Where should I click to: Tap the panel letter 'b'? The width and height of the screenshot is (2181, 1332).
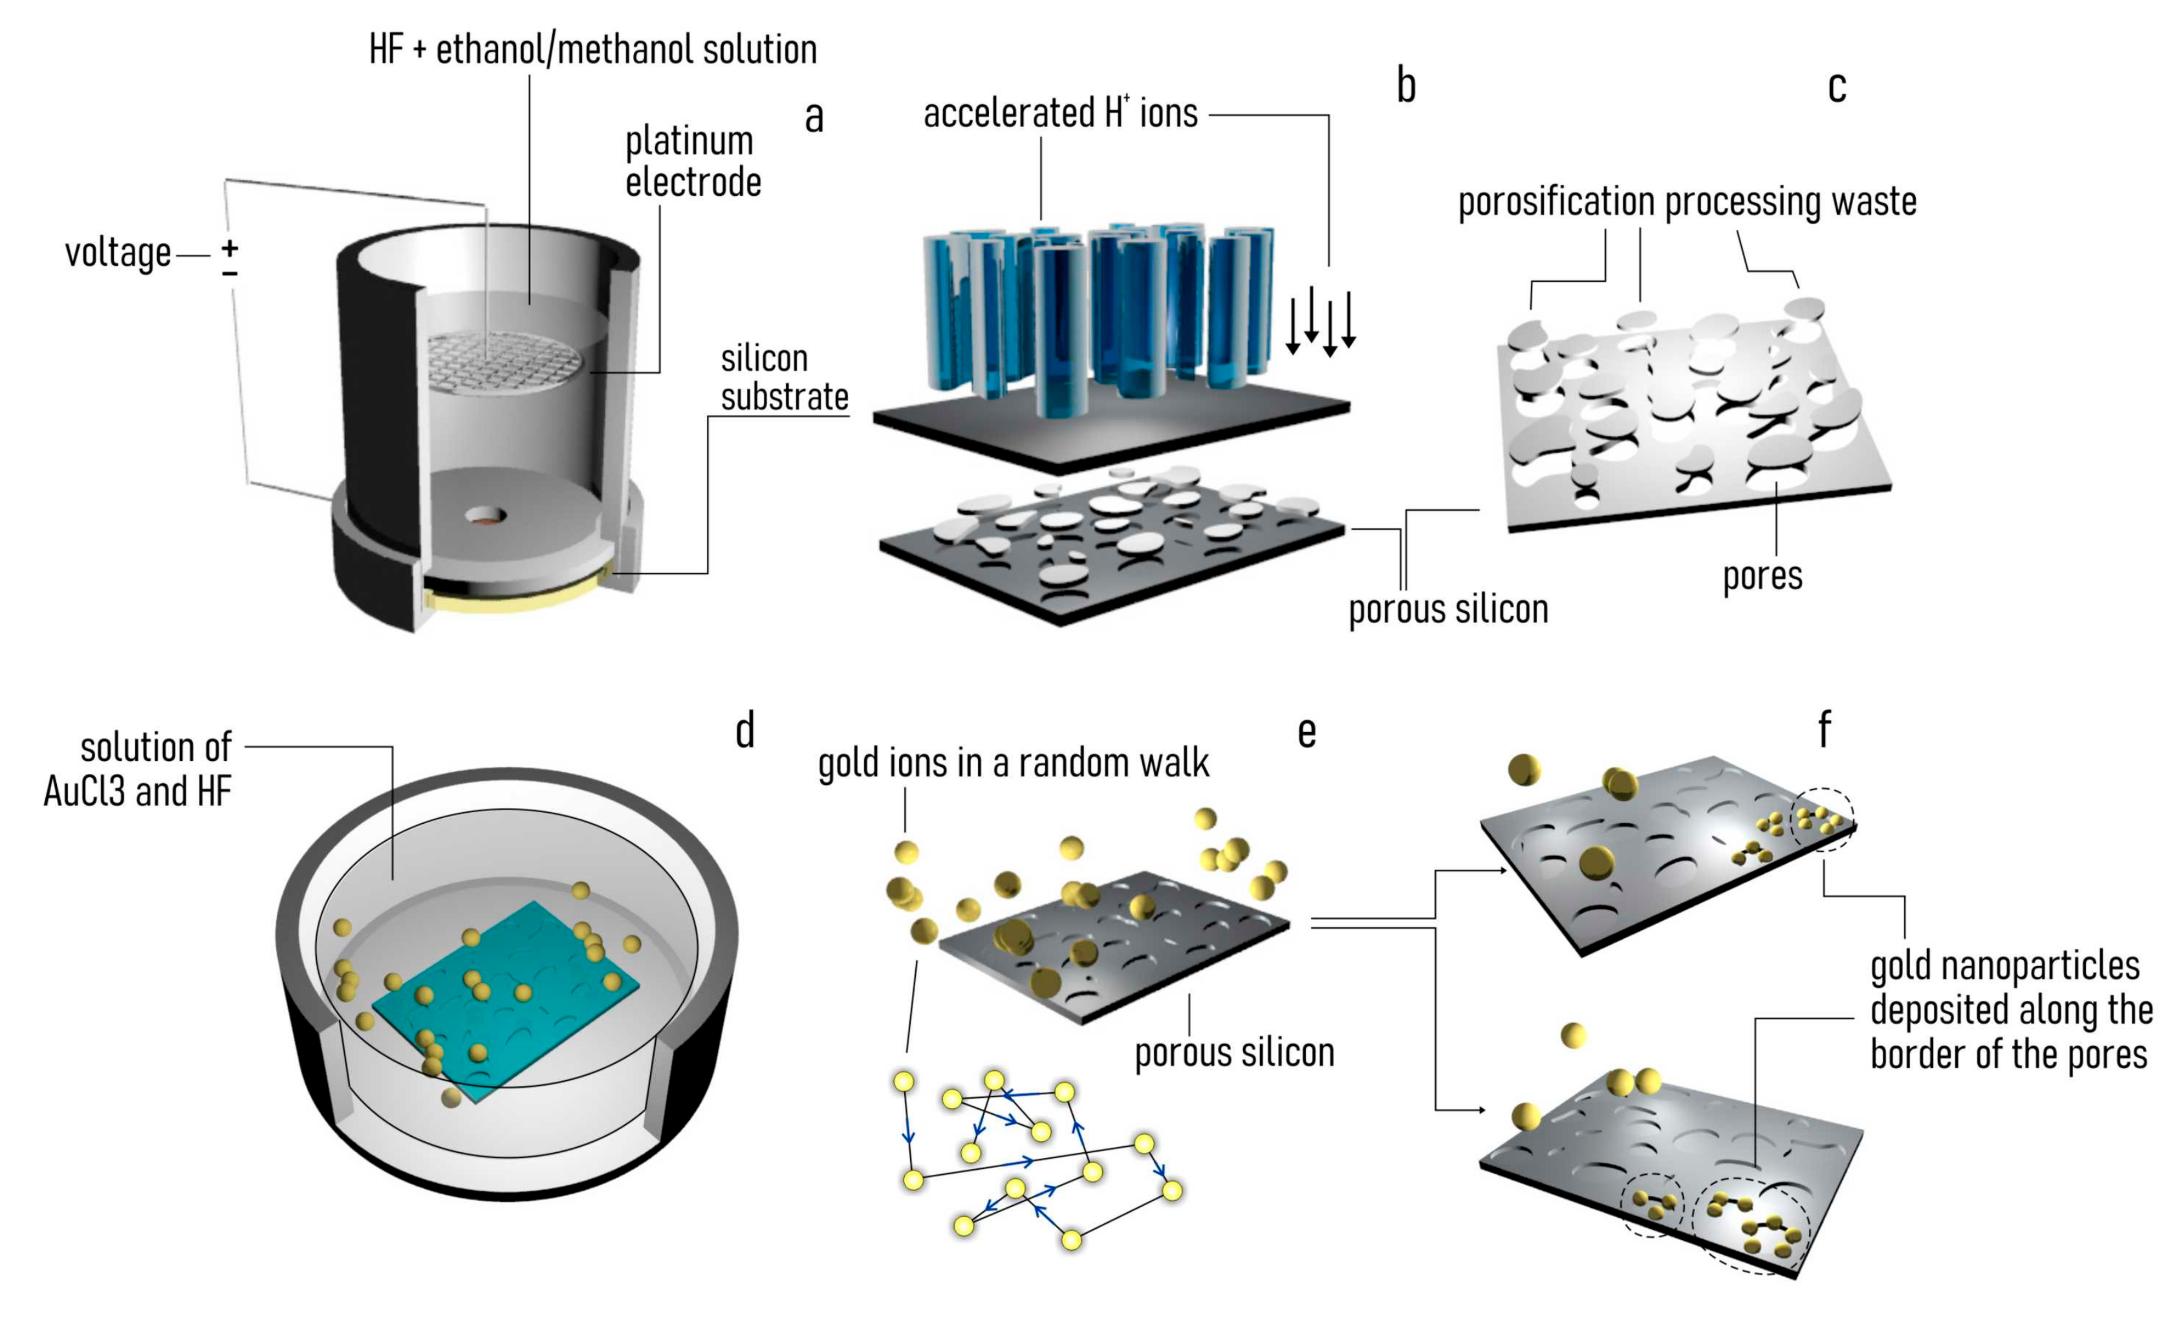[1405, 86]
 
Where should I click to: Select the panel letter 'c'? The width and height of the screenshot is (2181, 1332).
[1837, 87]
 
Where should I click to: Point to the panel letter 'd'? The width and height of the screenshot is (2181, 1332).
[745, 731]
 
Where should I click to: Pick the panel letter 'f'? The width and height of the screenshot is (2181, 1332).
[1824, 729]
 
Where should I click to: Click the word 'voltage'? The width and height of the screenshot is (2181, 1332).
[118, 253]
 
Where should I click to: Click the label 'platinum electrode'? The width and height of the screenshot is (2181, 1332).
[692, 162]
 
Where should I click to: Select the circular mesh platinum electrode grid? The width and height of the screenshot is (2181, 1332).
[505, 363]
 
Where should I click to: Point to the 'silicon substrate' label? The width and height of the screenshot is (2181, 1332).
[783, 378]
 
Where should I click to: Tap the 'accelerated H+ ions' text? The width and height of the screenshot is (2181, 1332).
[1060, 113]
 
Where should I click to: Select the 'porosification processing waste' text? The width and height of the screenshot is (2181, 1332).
[1687, 202]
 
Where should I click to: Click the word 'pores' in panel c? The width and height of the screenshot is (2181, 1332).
[1761, 576]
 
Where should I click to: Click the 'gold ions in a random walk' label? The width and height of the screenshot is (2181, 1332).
[1013, 763]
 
